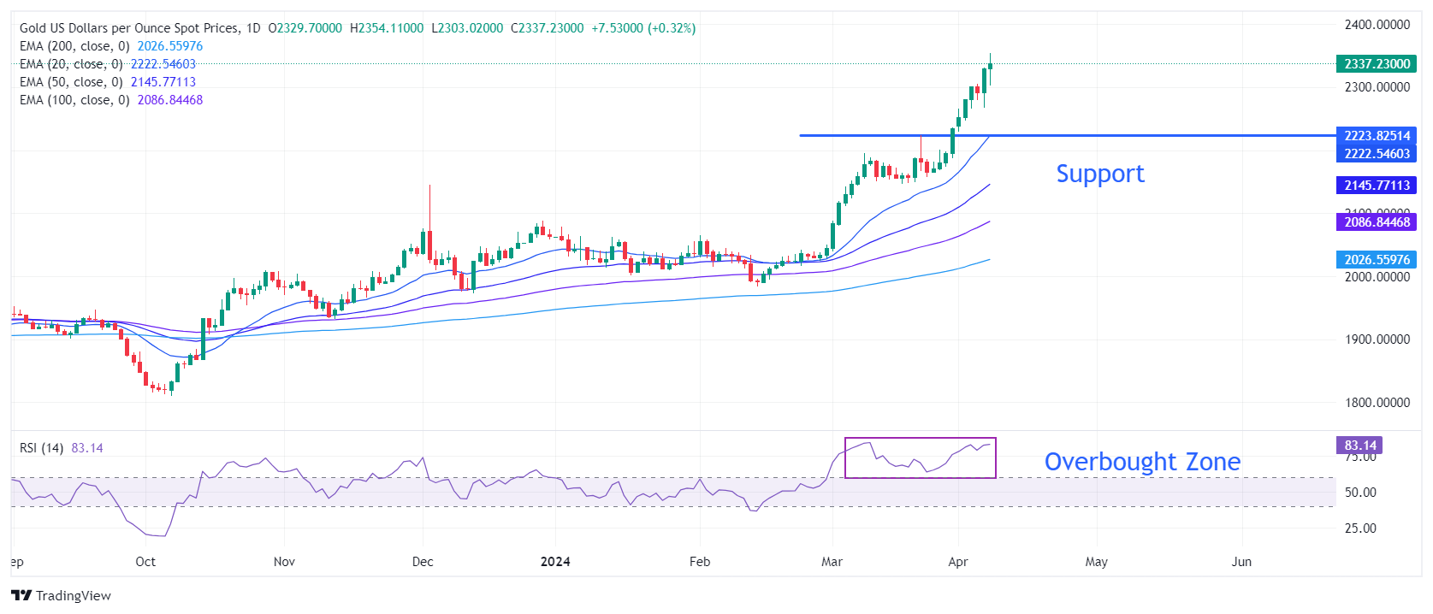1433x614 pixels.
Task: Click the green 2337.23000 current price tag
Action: tap(1377, 64)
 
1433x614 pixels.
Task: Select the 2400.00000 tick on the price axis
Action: tap(1377, 25)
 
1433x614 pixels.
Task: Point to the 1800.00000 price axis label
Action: tap(1377, 403)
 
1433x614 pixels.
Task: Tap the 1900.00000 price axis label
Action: tap(1377, 339)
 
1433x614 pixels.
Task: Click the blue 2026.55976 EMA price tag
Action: tap(1377, 260)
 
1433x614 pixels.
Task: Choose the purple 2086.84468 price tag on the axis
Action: tap(1377, 222)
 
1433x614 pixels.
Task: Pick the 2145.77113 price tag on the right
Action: tap(1377, 186)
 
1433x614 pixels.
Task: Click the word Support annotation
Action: tap(1099, 174)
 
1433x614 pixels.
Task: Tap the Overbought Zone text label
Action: tap(1142, 462)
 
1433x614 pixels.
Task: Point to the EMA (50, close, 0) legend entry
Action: tap(108, 82)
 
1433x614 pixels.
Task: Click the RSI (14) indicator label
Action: tap(41, 448)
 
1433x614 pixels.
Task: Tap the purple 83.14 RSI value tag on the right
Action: tap(1359, 446)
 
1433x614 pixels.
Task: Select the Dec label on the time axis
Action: tap(423, 562)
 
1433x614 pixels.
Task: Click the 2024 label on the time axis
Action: tap(555, 562)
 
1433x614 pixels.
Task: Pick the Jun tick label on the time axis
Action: tap(1241, 562)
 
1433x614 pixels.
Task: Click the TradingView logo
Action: tap(62, 596)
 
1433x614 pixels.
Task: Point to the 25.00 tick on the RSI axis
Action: tap(1360, 528)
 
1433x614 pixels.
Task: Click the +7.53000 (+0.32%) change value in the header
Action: tap(643, 28)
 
